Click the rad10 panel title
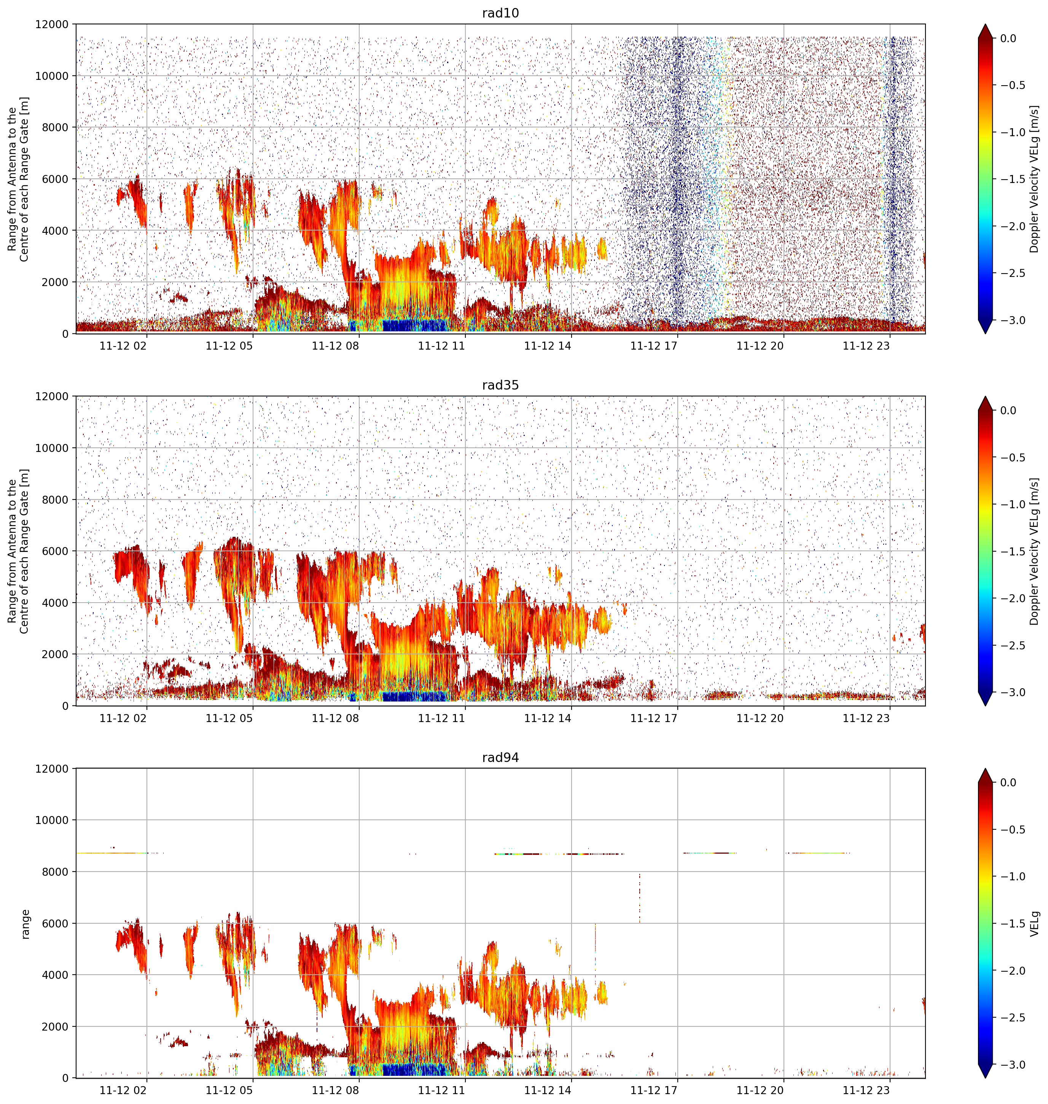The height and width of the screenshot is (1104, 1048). coord(500,13)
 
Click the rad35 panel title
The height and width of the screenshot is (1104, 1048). coord(500,385)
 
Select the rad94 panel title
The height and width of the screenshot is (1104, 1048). coord(500,758)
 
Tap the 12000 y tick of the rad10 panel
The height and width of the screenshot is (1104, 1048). coord(51,25)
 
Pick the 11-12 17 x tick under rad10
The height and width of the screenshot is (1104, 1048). coord(654,346)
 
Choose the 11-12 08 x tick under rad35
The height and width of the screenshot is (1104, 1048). coord(335,718)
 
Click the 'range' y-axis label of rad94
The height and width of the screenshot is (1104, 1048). coord(25,924)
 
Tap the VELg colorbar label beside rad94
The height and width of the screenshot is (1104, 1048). coord(1035,924)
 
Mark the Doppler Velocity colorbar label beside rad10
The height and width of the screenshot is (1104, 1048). coord(1035,179)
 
